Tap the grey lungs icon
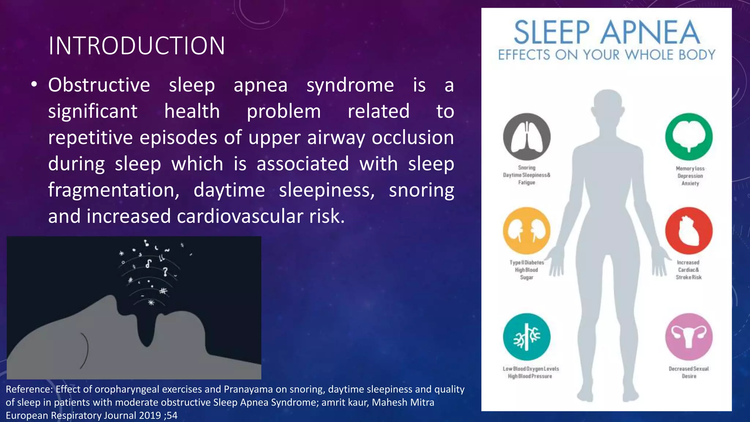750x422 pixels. click(x=527, y=137)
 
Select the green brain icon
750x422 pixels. click(x=689, y=137)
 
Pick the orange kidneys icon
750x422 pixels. click(x=527, y=231)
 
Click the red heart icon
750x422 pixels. click(x=689, y=231)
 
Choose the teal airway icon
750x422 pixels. click(x=527, y=337)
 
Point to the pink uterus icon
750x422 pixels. click(x=689, y=337)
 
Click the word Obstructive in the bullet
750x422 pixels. click(x=99, y=85)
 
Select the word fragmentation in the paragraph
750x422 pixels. click(x=114, y=190)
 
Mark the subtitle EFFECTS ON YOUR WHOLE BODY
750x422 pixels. click(x=606, y=55)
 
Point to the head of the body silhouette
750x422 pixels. click(x=608, y=104)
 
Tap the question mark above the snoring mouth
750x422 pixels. click(x=166, y=271)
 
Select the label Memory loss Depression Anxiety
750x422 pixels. click(x=690, y=176)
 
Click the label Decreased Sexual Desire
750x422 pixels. click(x=688, y=372)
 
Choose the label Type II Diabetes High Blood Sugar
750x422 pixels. click(x=527, y=270)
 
